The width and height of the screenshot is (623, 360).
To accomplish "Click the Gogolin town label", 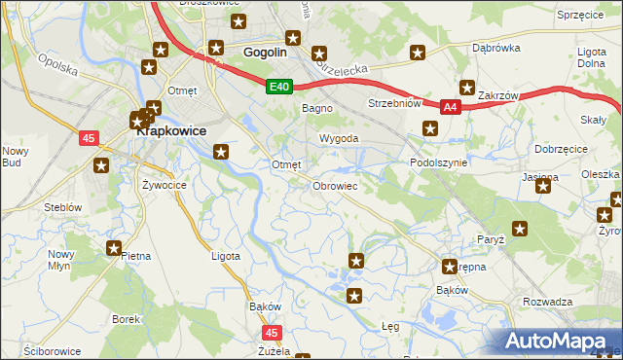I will click(x=264, y=52).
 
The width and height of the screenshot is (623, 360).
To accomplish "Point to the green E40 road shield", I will click(x=279, y=88).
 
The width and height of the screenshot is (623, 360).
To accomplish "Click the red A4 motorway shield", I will click(x=449, y=108).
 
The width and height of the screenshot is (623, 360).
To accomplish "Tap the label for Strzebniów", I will click(x=393, y=103).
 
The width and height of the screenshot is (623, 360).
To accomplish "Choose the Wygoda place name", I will click(x=339, y=139).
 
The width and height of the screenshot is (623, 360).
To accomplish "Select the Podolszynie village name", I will click(x=439, y=163).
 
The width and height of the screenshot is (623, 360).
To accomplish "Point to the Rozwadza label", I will click(x=547, y=302).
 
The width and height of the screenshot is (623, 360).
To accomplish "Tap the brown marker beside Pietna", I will click(x=114, y=248).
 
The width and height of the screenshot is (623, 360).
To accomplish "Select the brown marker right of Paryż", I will click(x=521, y=230).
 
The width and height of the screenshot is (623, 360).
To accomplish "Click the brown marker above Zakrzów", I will click(x=467, y=86).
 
